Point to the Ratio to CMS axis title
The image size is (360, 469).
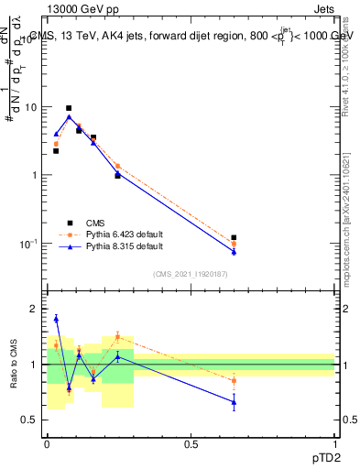[x=13, y=365]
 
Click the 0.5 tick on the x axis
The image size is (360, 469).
[x=191, y=444]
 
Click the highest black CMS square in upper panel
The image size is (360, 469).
[x=69, y=108]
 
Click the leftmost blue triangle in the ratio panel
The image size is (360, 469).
[x=56, y=319]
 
